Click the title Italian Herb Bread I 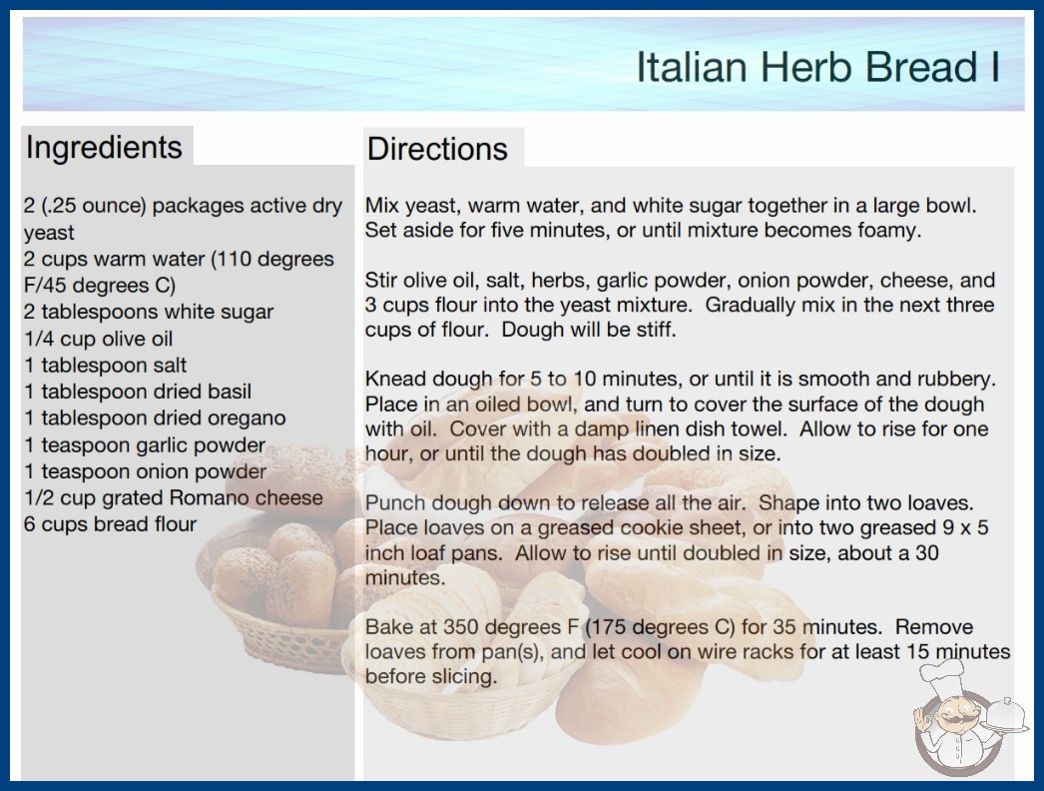tap(818, 67)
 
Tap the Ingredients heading tap(104, 148)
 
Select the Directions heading tap(437, 149)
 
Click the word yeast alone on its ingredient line tap(49, 234)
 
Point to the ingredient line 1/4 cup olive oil tap(99, 339)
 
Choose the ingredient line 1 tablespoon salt tap(105, 366)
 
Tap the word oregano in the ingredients tap(247, 418)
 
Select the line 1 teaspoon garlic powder tap(145, 445)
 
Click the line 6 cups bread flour tap(111, 524)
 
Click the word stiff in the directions tap(653, 330)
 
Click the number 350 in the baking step tap(462, 628)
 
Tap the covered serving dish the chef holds tap(1006, 715)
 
